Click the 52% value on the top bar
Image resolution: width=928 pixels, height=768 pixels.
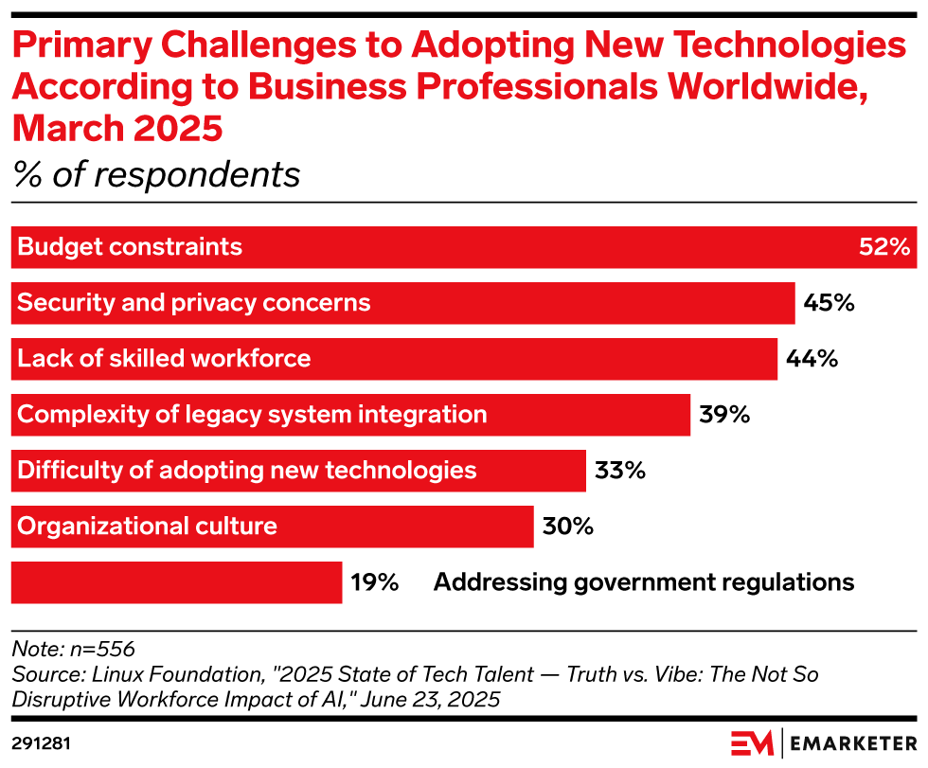point(884,248)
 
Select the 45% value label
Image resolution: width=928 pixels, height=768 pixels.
point(830,303)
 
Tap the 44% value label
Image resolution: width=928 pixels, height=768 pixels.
point(812,359)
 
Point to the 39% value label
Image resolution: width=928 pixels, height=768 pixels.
point(724,414)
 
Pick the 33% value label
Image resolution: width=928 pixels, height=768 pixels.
point(620,470)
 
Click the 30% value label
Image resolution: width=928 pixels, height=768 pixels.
point(567,526)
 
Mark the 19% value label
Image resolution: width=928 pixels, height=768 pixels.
point(374,581)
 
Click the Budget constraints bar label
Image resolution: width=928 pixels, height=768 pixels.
point(130,248)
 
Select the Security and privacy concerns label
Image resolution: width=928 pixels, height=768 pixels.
point(194,303)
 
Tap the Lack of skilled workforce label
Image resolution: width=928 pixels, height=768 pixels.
point(164,359)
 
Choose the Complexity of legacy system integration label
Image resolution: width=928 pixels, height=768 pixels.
point(252,414)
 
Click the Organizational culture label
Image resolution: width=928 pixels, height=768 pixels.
point(147,526)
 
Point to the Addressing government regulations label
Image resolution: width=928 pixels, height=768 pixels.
point(644,581)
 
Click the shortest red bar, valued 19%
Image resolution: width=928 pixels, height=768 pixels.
point(176,581)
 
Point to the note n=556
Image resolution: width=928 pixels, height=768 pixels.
point(73,650)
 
